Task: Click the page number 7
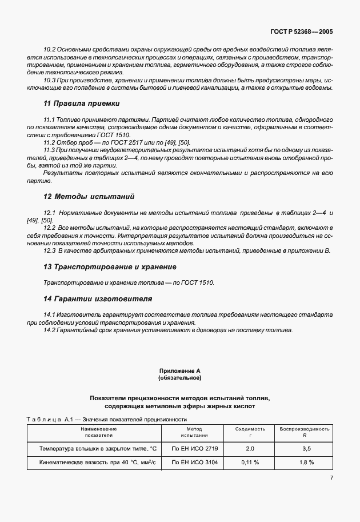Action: [331, 478]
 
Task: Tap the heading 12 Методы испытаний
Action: [89, 196]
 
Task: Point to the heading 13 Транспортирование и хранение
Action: [110, 266]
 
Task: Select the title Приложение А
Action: [179, 371]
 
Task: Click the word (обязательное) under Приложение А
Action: [179, 378]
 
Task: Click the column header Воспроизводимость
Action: [304, 428]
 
